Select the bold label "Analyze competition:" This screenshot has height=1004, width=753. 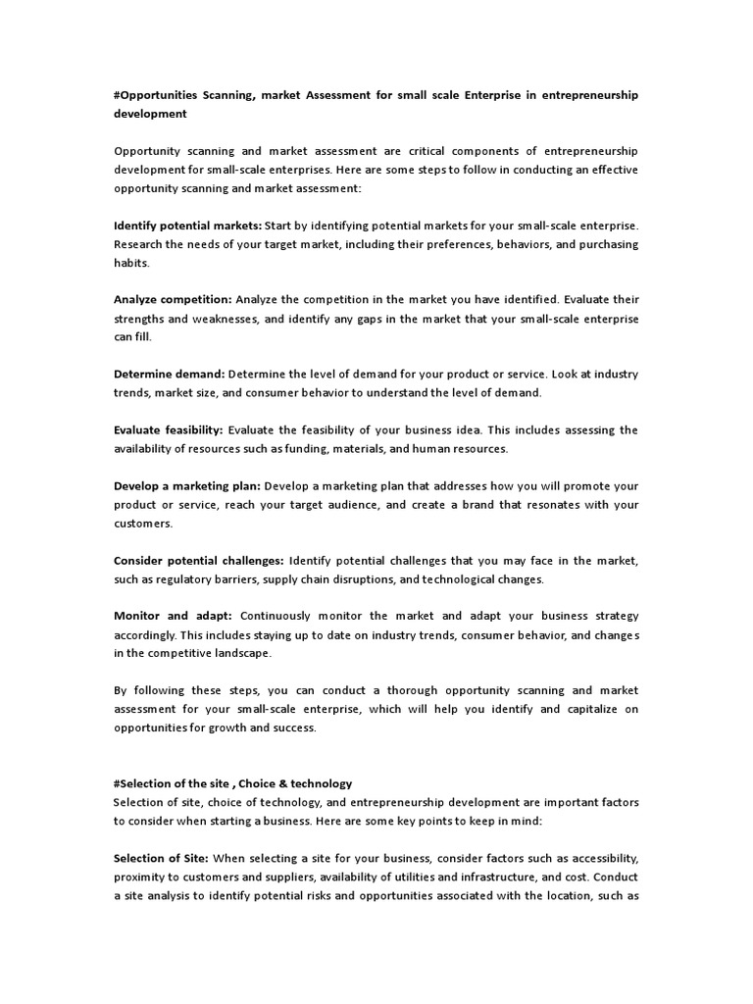(173, 300)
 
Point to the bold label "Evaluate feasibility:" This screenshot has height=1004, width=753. (169, 429)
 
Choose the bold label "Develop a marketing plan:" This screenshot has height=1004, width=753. (187, 485)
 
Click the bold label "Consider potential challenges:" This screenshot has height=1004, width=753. (199, 560)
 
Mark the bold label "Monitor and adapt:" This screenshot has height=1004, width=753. (173, 616)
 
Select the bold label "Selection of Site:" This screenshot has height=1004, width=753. (161, 858)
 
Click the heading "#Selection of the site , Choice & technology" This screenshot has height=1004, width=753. (232, 783)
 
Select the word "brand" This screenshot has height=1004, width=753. (462, 505)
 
